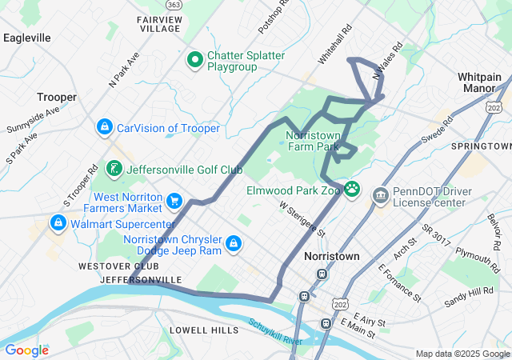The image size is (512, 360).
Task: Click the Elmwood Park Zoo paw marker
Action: pos(352,190)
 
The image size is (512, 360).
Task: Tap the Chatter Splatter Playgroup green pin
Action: pos(194,58)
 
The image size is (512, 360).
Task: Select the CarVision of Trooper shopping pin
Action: pos(105,127)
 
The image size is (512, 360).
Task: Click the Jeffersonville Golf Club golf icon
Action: pos(114,169)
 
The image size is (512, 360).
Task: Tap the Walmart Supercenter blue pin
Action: pos(58,222)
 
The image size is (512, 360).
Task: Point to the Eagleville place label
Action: pos(27,38)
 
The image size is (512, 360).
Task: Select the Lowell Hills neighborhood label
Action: pos(204,330)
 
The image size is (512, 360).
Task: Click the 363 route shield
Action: pos(174,5)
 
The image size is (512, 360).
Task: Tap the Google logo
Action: pos(27,350)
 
